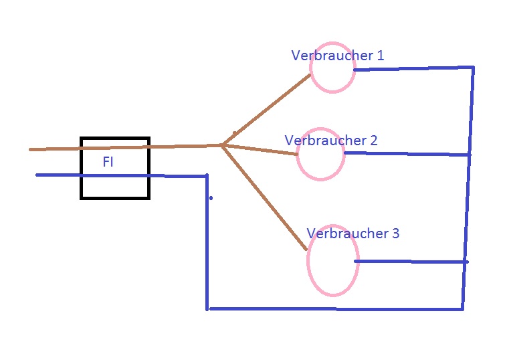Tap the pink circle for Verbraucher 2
pos(320,154)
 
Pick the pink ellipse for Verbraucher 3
pos(332,260)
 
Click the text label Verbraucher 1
pos(337,55)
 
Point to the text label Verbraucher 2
pos(330,141)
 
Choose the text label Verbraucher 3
pos(352,233)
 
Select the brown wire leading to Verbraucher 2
pos(261,149)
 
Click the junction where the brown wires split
pos(222,145)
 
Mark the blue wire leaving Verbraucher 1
pos(411,68)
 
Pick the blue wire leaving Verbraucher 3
pos(411,261)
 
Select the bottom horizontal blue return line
pos(334,309)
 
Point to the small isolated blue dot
pos(211,198)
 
